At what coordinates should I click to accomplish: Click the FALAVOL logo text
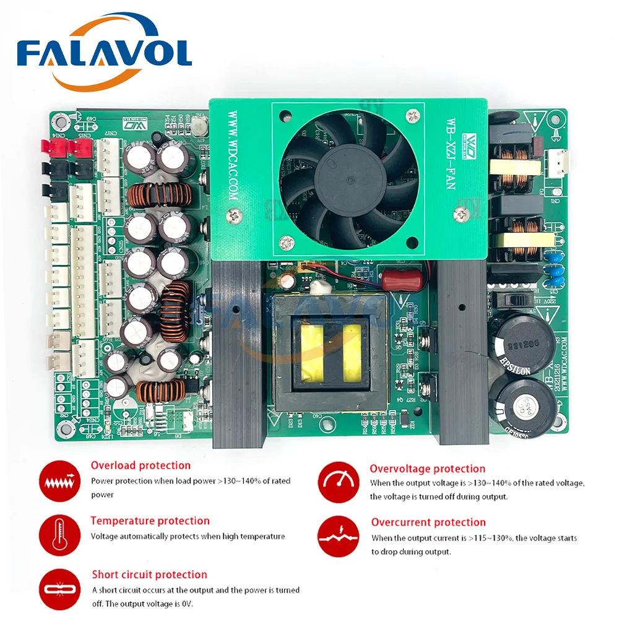(x=104, y=54)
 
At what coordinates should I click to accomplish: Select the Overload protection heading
(x=141, y=465)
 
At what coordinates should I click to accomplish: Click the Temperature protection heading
(x=150, y=521)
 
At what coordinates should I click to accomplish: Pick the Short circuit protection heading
(x=149, y=575)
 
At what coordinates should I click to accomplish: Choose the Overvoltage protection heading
(x=427, y=469)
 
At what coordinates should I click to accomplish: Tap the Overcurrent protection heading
(x=428, y=522)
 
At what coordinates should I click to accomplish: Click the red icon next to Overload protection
(x=59, y=480)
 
